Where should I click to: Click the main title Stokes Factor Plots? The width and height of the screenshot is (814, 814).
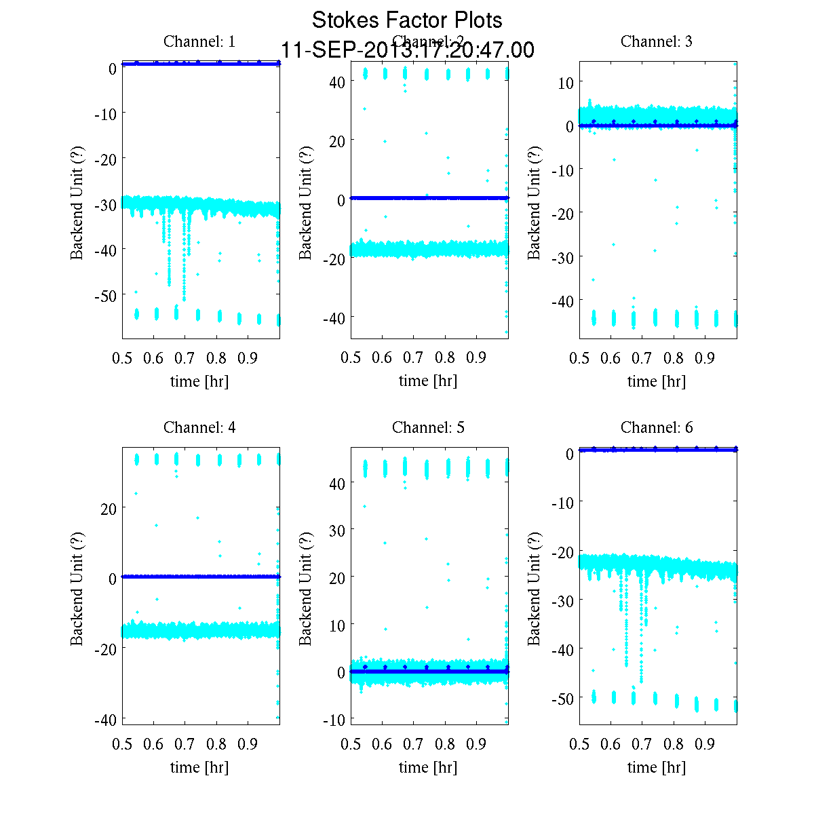click(407, 20)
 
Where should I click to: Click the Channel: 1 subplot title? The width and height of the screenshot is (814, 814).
click(199, 41)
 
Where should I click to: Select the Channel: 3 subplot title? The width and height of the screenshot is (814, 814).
click(657, 41)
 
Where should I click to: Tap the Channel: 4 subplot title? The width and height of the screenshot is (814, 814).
click(199, 427)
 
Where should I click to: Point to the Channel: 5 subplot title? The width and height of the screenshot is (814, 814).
click(428, 427)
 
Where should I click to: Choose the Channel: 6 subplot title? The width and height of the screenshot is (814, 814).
click(657, 427)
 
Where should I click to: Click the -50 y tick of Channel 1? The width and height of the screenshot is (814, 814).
click(104, 295)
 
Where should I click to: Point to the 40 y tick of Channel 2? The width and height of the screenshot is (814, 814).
click(336, 81)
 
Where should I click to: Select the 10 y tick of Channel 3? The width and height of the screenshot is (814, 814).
click(565, 82)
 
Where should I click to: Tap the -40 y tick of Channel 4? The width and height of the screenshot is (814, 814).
click(104, 718)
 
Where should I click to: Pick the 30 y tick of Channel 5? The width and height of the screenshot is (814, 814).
click(336, 530)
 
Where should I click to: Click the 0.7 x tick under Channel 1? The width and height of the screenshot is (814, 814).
click(185, 358)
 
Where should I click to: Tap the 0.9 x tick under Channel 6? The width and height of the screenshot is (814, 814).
click(705, 744)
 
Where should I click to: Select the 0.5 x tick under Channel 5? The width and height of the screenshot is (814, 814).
click(351, 744)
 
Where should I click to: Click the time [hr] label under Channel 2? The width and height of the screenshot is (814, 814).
click(428, 381)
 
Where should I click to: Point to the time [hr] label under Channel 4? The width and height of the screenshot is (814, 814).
click(199, 767)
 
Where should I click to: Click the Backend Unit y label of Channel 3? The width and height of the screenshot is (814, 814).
click(535, 202)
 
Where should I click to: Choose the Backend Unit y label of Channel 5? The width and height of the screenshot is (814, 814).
click(306, 588)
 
